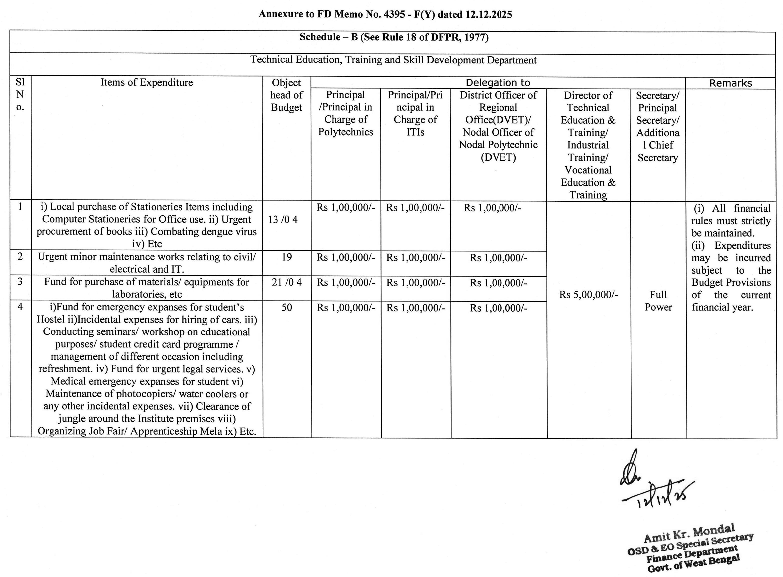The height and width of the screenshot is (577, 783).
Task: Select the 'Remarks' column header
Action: [x=730, y=83]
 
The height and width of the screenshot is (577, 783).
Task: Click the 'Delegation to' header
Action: [x=498, y=83]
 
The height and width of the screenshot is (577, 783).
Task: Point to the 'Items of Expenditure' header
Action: [x=147, y=82]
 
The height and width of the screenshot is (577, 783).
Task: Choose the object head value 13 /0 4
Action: [x=283, y=220]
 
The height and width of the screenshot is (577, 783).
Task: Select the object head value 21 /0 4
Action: [x=287, y=282]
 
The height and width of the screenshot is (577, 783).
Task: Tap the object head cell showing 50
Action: [x=287, y=307]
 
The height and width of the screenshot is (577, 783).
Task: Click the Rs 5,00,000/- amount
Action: [x=588, y=295]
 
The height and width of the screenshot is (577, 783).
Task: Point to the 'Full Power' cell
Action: [x=658, y=301]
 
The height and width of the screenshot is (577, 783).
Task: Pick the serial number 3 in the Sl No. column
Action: [x=20, y=281]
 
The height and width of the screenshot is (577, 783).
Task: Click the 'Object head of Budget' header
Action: [x=286, y=95]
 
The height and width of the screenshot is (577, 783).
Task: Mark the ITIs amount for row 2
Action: [x=415, y=258]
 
